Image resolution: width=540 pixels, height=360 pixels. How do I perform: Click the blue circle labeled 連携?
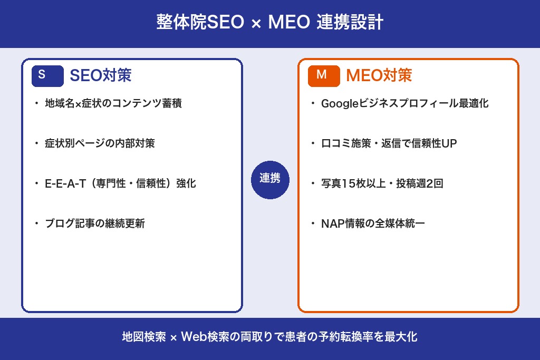(x=270, y=179)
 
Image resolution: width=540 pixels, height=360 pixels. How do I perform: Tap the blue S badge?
(x=47, y=75)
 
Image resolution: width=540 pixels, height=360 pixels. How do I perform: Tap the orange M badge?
(x=323, y=75)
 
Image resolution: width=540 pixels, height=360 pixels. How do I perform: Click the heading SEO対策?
(x=100, y=75)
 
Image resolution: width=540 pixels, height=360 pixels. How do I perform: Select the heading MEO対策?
(x=379, y=75)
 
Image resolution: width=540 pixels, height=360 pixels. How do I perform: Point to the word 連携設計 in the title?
(x=350, y=23)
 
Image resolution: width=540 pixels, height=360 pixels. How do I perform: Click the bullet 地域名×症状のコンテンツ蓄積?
(x=113, y=103)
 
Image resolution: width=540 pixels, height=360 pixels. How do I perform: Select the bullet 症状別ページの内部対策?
(x=100, y=143)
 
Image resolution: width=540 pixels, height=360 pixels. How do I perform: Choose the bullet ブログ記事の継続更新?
(x=95, y=224)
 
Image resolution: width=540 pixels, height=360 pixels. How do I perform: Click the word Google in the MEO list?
(x=340, y=103)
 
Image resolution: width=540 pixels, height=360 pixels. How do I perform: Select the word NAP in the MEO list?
(x=331, y=224)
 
